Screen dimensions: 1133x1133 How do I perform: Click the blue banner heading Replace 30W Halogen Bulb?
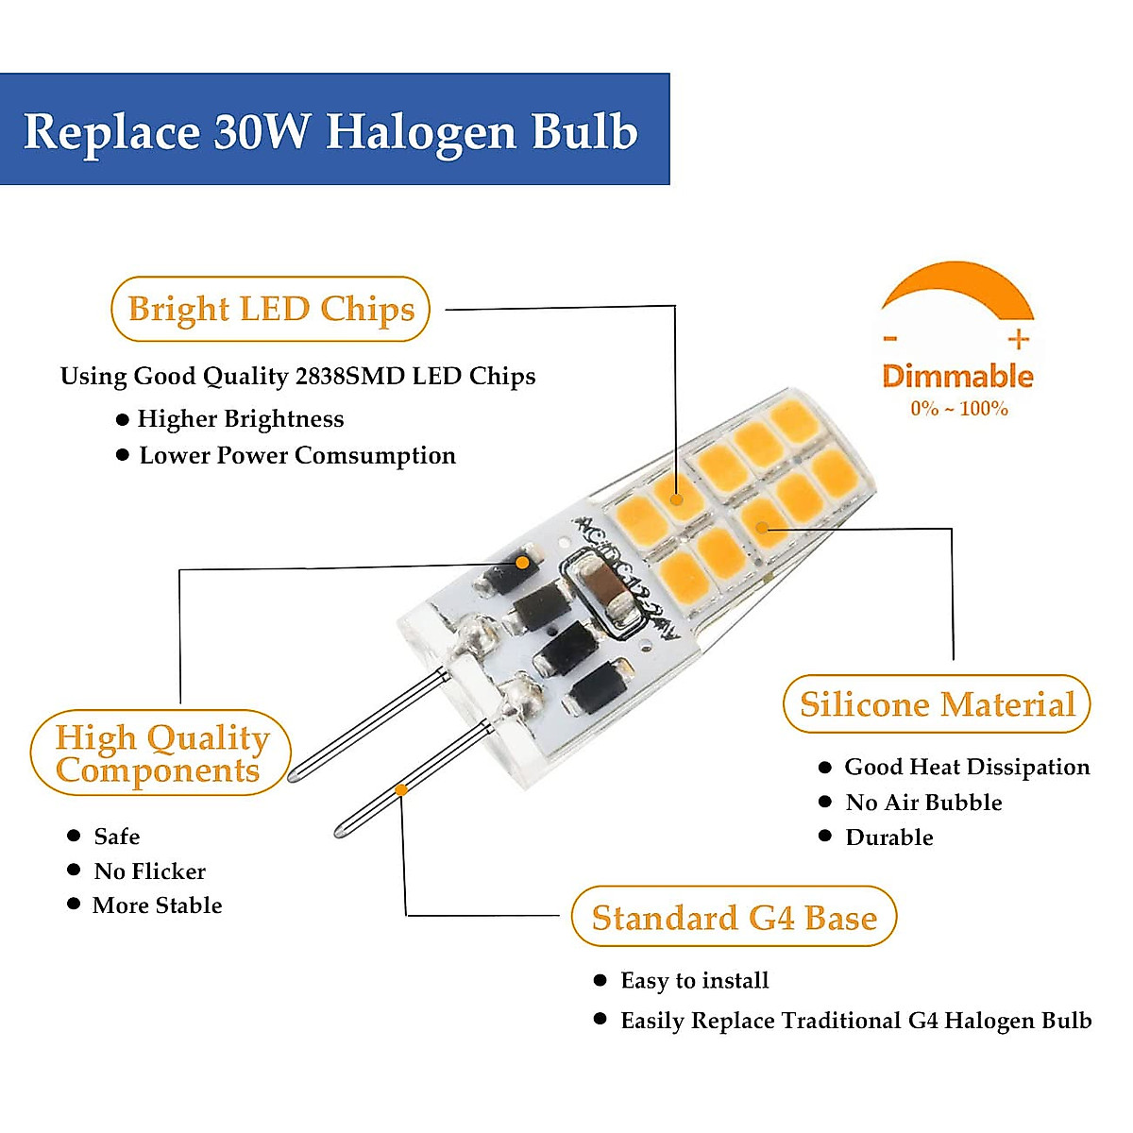coord(333,130)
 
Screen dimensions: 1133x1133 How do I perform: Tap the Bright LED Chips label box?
coord(271,309)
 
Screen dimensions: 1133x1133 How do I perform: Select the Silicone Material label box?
coord(937,704)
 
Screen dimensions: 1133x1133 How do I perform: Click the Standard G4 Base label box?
coord(734,917)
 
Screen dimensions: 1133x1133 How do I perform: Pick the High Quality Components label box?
coord(161,753)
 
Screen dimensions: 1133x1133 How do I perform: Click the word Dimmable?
coord(957,376)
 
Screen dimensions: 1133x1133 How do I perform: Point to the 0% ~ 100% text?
coord(958,409)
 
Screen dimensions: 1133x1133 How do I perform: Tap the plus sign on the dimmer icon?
coord(1018,340)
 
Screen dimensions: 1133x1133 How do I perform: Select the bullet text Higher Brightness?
coord(241,418)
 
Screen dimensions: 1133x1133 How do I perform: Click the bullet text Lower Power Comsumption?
coord(297,455)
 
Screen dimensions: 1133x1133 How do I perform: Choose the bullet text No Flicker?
coord(149,871)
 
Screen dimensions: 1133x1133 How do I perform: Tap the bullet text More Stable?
coord(158,905)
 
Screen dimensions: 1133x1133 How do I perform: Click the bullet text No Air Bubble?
coord(923,803)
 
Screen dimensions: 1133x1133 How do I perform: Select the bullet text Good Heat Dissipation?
coord(967,767)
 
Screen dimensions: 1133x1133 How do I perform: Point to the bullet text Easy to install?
coord(694,981)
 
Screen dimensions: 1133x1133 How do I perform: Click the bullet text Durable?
coord(889,837)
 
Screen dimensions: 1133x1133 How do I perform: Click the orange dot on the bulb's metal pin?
coord(401,788)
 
